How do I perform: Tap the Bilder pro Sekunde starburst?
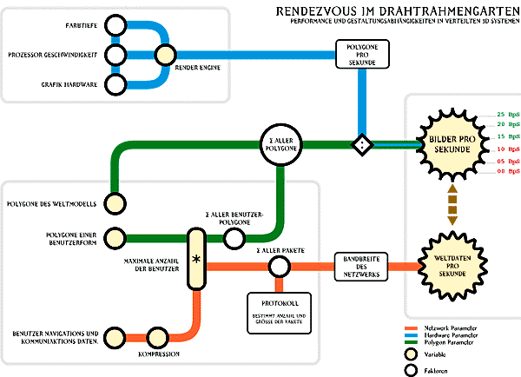tap(452, 145)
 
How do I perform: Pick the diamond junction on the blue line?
tap(359, 144)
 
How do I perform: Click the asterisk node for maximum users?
tap(195, 259)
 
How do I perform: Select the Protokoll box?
tap(279, 311)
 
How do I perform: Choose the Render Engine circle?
tap(164, 56)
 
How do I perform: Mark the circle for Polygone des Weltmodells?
tap(113, 205)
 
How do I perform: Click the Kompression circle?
tap(158, 336)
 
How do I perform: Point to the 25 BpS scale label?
tap(506, 115)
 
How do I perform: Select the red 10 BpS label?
tap(506, 149)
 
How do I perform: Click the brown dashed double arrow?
tap(452, 205)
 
